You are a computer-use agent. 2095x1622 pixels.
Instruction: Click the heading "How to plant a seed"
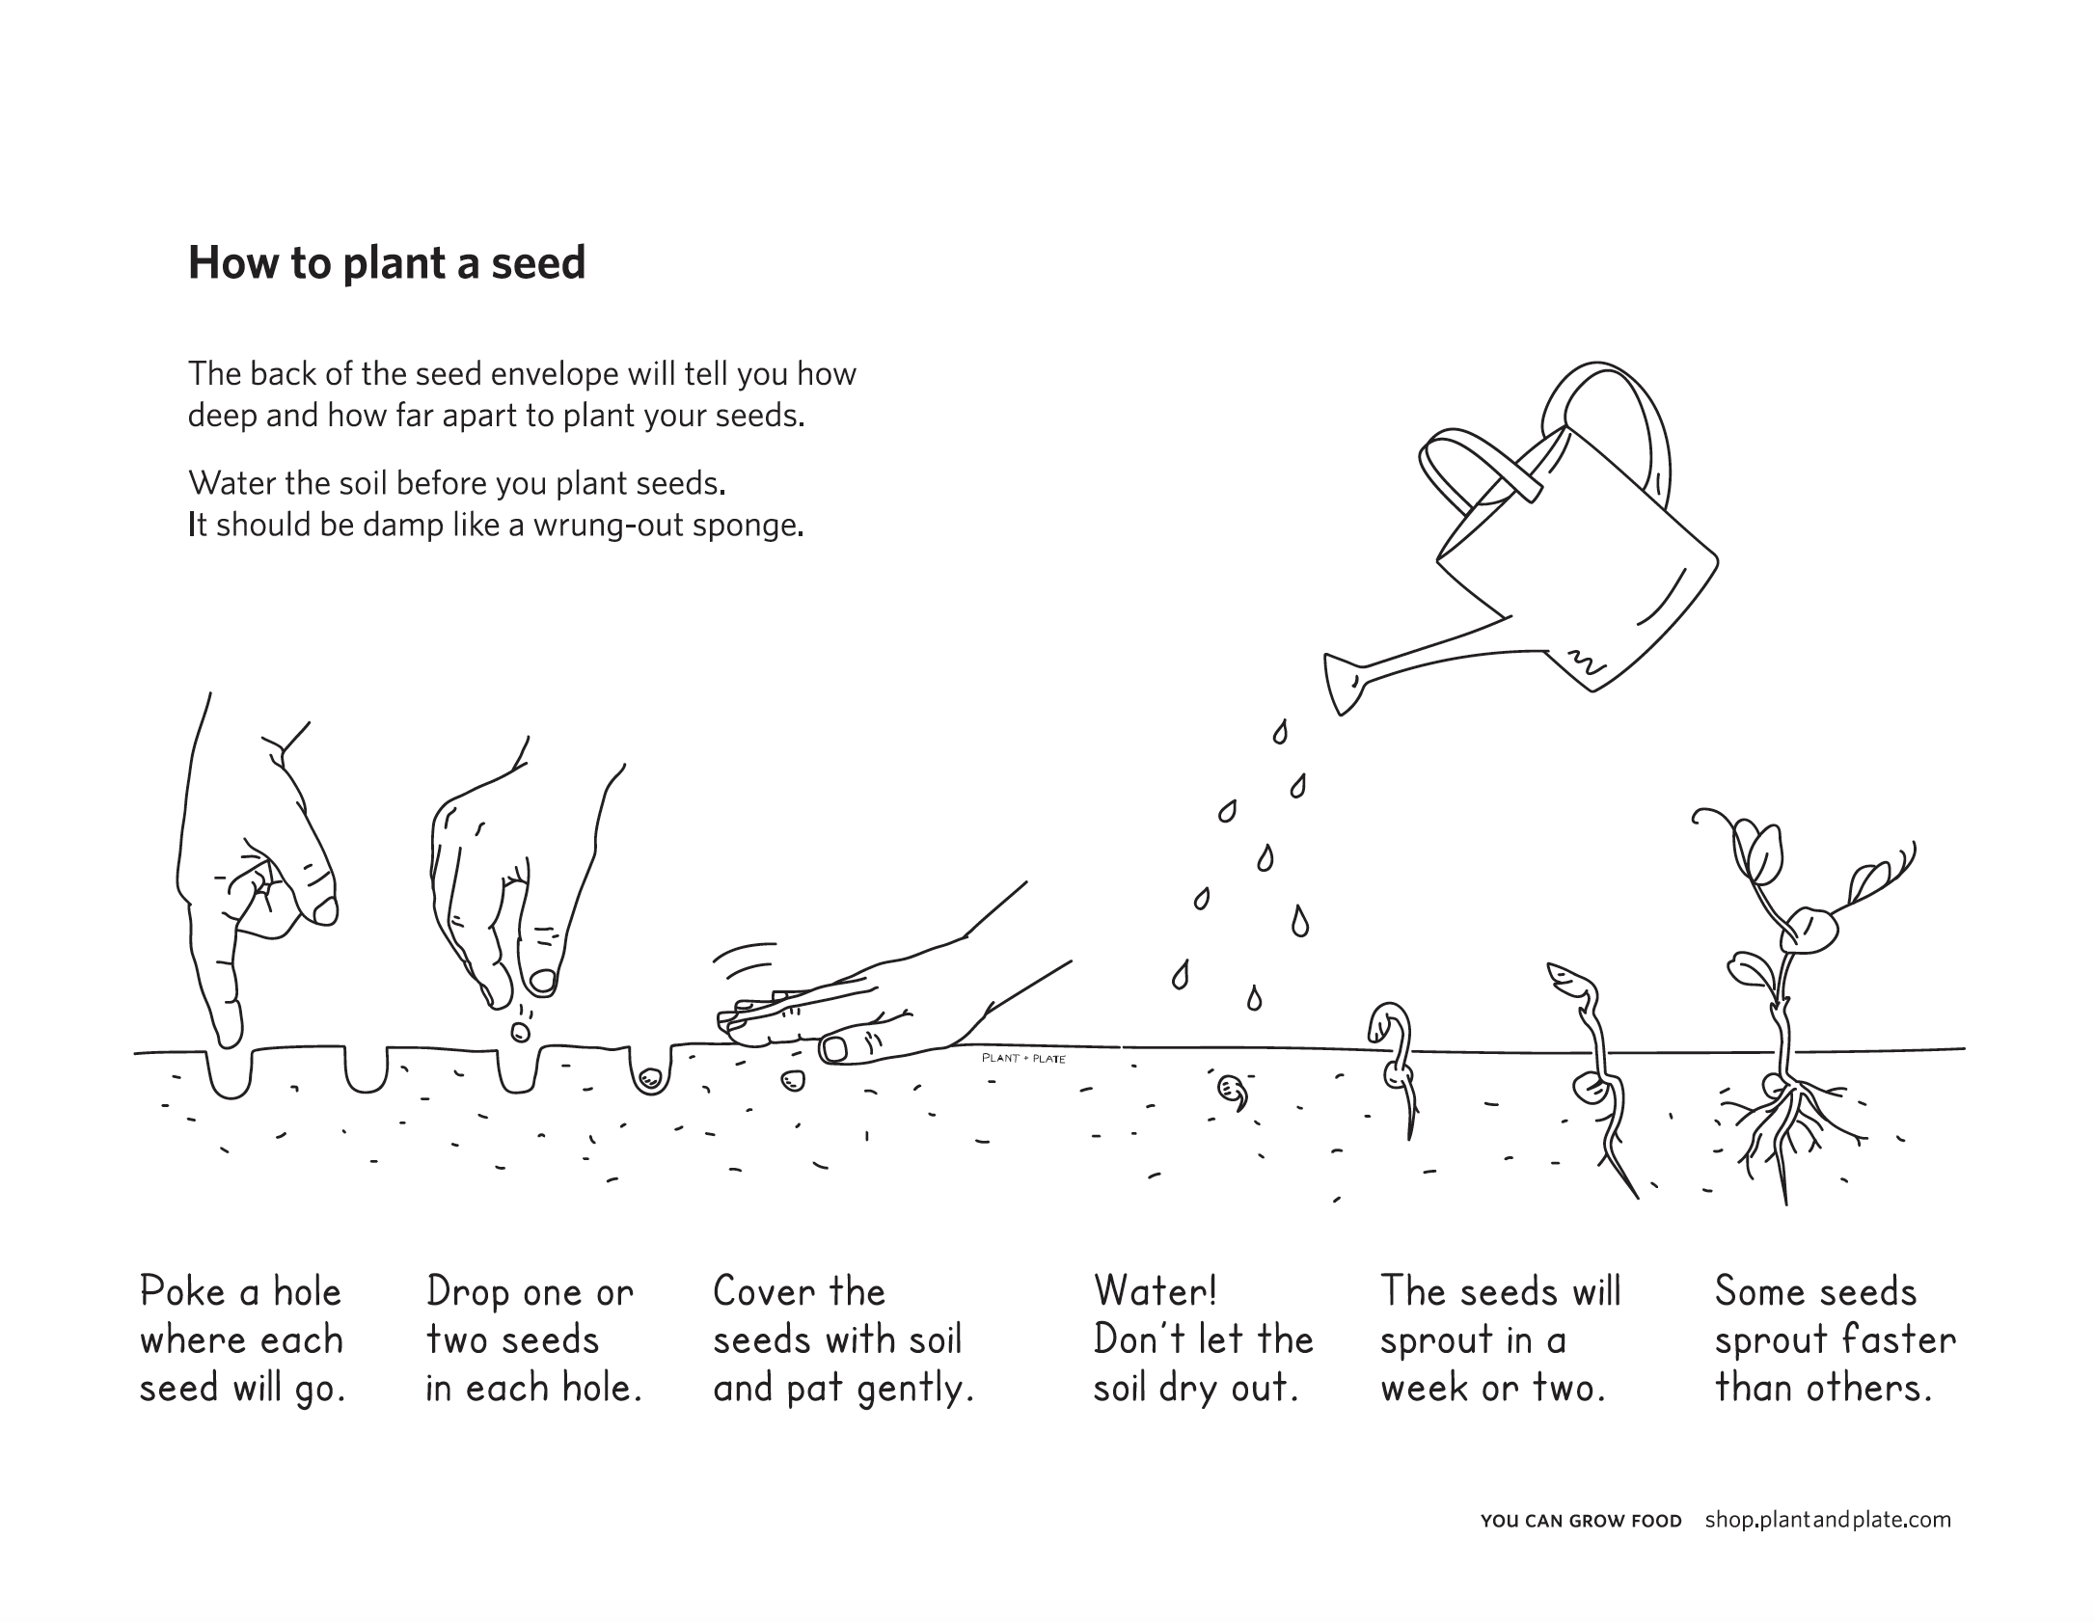click(x=387, y=262)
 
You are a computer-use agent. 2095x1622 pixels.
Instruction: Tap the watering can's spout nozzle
click(x=1342, y=684)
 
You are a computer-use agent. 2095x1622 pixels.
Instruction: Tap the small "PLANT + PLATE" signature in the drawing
click(x=1023, y=1059)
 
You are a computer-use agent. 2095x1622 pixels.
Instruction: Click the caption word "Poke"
click(x=183, y=1292)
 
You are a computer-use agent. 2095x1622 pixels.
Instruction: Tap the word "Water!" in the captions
click(x=1156, y=1291)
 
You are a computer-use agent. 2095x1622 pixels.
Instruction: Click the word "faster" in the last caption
click(x=1899, y=1341)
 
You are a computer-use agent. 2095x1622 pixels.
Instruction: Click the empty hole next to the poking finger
click(x=366, y=1070)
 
